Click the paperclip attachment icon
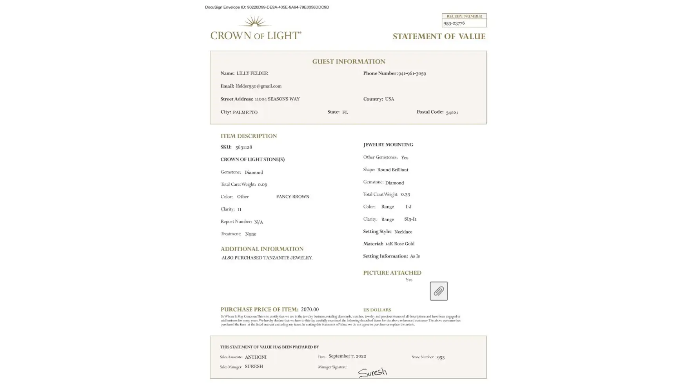click(438, 291)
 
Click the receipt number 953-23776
click(454, 24)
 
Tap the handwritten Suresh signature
click(372, 372)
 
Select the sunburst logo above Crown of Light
click(255, 21)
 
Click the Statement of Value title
click(439, 36)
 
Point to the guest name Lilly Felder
click(252, 73)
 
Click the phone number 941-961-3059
click(412, 73)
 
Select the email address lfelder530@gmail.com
click(259, 86)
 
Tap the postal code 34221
click(452, 113)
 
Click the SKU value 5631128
click(243, 147)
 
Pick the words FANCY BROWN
click(292, 197)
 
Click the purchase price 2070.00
click(310, 310)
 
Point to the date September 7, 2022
click(347, 356)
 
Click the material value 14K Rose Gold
click(399, 244)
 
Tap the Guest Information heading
click(348, 62)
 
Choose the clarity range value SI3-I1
click(410, 219)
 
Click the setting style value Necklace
click(403, 232)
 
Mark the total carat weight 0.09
click(262, 185)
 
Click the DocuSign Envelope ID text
click(267, 7)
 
